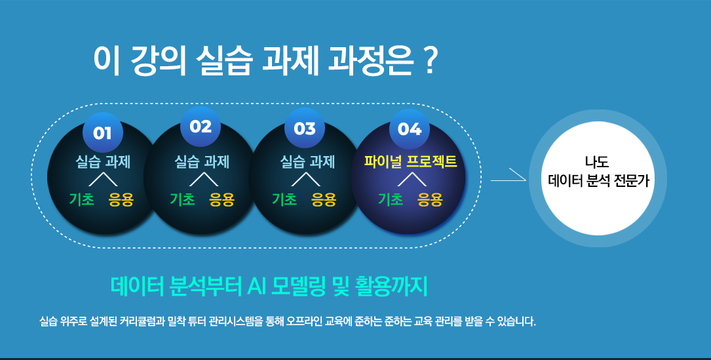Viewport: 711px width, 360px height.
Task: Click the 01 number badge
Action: [x=102, y=132]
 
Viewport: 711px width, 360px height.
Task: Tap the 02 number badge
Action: [x=201, y=126]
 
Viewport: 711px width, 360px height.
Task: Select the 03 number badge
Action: [x=304, y=129]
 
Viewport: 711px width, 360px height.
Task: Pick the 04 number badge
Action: [x=410, y=129]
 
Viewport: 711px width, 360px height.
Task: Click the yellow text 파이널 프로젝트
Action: [x=410, y=161]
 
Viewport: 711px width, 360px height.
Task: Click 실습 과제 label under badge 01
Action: [x=103, y=161]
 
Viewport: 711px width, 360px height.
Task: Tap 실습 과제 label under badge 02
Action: [x=202, y=161]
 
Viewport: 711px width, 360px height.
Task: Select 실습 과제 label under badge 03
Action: [x=307, y=161]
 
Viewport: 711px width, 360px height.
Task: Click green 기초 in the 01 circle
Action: [x=82, y=199]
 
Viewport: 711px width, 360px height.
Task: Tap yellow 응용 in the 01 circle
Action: [x=121, y=199]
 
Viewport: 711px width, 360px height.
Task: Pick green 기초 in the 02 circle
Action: [x=183, y=199]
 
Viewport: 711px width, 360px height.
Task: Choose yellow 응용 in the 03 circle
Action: [x=324, y=199]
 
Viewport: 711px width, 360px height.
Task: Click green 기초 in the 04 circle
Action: [x=391, y=199]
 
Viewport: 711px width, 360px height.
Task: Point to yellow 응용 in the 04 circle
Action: [x=430, y=199]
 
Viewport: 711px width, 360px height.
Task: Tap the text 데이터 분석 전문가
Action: [x=598, y=181]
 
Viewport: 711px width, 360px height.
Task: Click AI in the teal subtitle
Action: [x=256, y=286]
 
